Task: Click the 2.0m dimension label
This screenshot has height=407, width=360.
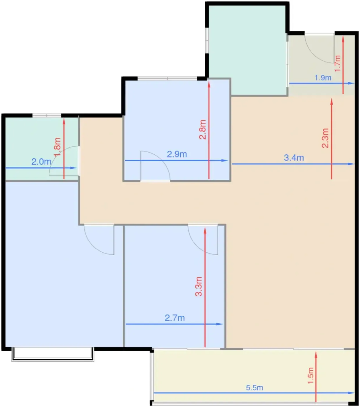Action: tap(41, 162)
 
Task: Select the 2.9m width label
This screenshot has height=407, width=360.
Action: tap(177, 154)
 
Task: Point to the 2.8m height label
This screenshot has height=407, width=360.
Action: tap(202, 130)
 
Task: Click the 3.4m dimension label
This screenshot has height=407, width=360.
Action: tap(294, 158)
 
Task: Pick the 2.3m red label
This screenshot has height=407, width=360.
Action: tap(325, 138)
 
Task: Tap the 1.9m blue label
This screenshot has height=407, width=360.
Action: tap(323, 78)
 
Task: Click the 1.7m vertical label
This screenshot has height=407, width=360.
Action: tap(338, 63)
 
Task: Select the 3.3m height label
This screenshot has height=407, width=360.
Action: tap(199, 286)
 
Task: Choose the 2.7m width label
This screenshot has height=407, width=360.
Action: tap(175, 318)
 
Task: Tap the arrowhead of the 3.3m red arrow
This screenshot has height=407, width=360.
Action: tap(205, 231)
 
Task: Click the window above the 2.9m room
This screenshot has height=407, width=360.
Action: tap(167, 78)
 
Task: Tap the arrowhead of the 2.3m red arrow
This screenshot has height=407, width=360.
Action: tap(332, 101)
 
